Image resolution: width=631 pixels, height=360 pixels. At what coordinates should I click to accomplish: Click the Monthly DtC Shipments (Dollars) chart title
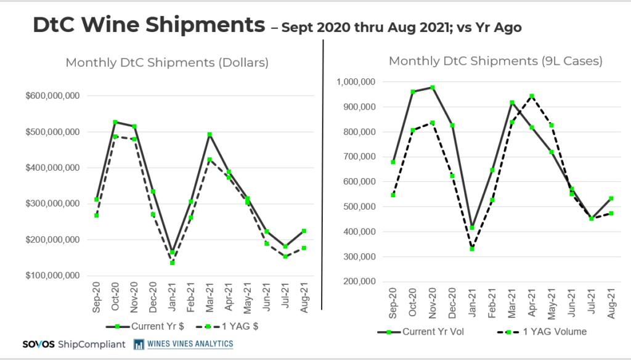167,62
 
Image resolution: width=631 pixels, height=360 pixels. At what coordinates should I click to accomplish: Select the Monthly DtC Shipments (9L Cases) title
495,61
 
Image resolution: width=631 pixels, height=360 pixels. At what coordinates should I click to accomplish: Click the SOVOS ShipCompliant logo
73,344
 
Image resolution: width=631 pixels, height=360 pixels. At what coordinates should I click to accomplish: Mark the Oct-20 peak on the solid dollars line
115,122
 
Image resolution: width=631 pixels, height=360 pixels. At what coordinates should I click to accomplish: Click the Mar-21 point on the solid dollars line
210,134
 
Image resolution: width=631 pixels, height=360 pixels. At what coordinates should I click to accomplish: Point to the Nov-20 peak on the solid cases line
433,88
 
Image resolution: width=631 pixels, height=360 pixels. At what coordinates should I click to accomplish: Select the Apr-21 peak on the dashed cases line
532,96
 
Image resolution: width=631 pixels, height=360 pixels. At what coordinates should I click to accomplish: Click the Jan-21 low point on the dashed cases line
473,249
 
